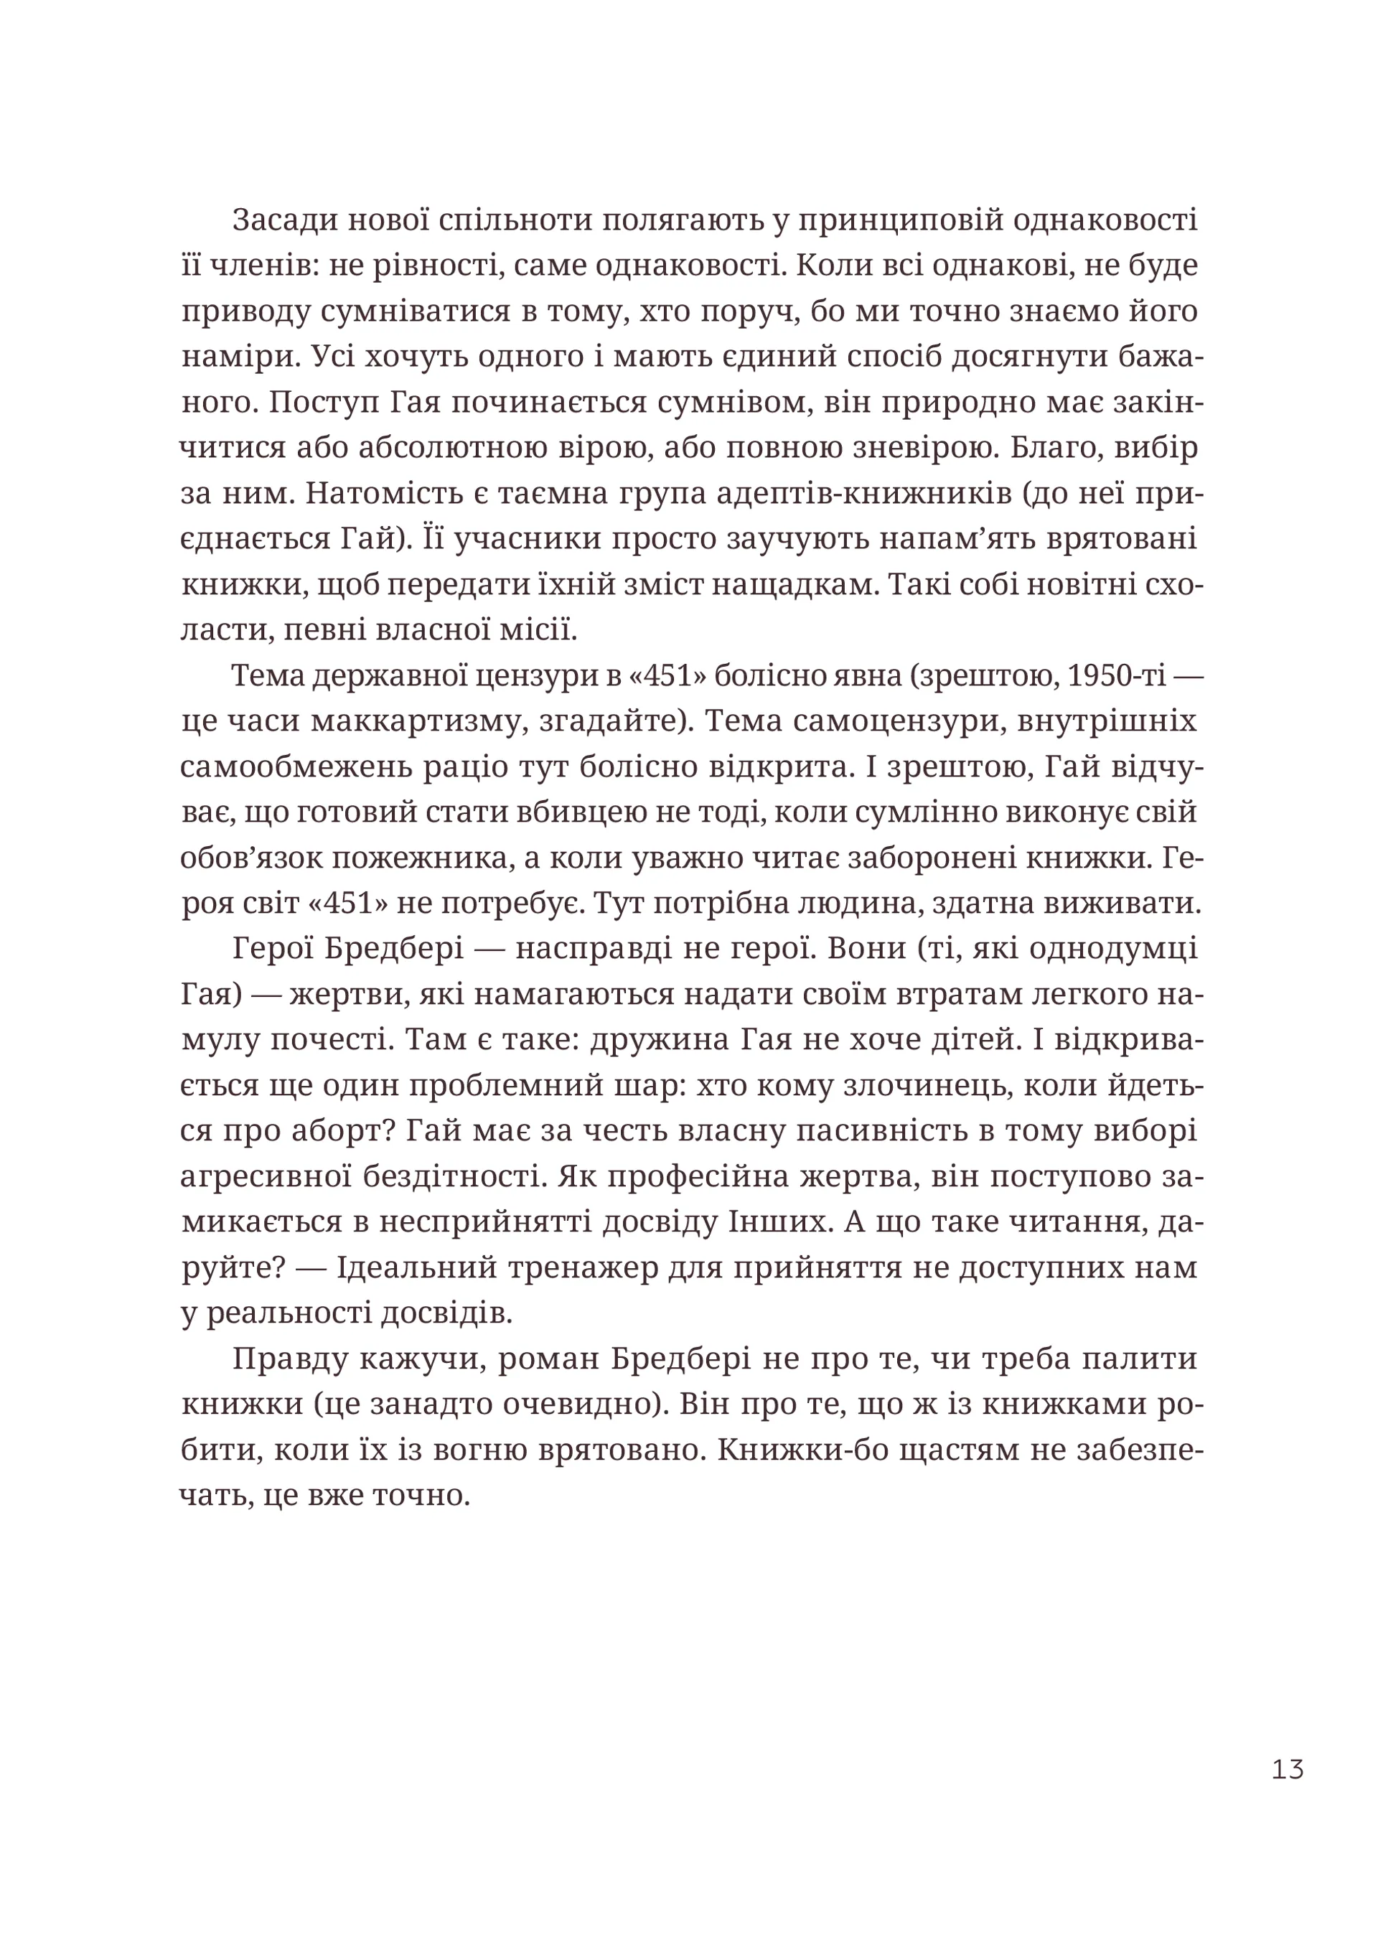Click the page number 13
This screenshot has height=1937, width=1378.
pyautogui.click(x=1286, y=1768)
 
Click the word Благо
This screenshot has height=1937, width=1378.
pyautogui.click(x=1054, y=448)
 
